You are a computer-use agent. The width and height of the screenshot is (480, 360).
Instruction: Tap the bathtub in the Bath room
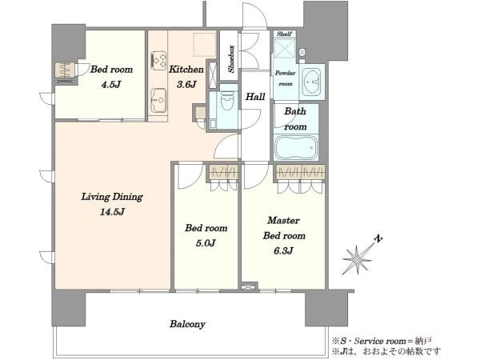click(296, 148)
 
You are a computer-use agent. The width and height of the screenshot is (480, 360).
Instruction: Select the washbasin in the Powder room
click(311, 82)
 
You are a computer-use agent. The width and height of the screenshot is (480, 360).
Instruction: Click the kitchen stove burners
click(158, 60)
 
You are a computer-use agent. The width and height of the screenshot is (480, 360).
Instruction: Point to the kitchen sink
click(158, 101)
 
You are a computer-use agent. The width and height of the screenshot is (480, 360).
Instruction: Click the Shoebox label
click(231, 59)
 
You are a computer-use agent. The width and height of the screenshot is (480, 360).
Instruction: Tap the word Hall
click(255, 97)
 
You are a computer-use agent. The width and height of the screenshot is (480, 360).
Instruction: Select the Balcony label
click(187, 324)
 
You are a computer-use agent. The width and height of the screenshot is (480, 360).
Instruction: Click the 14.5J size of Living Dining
click(112, 211)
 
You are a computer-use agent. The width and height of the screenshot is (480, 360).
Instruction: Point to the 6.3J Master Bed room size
click(284, 250)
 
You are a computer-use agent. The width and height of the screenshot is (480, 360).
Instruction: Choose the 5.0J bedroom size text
click(206, 243)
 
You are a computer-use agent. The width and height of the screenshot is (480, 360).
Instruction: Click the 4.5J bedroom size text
click(111, 84)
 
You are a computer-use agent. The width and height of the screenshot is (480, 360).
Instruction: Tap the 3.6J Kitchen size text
click(186, 84)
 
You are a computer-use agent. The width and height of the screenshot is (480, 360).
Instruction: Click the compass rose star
click(357, 260)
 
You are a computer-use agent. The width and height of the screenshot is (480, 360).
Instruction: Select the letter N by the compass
click(378, 238)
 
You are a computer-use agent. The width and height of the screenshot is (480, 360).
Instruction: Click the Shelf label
click(284, 34)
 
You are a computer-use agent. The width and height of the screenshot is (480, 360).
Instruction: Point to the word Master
click(283, 220)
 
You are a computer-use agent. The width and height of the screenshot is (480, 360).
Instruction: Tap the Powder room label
click(285, 78)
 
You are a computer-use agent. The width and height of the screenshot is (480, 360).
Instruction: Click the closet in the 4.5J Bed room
click(66, 72)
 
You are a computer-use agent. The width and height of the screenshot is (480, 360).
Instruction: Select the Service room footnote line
click(382, 341)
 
